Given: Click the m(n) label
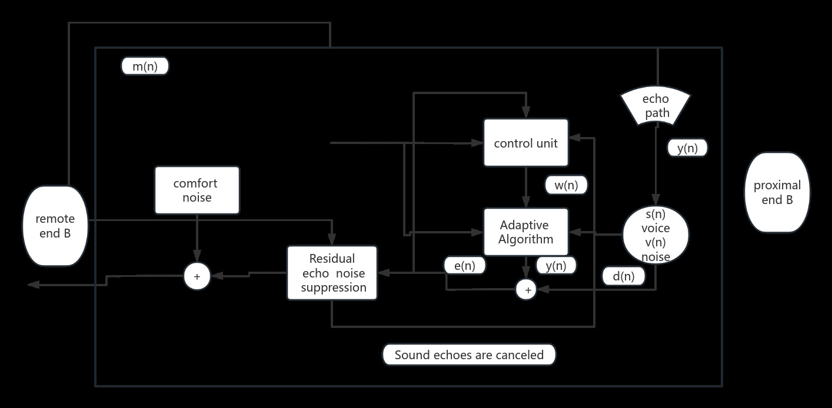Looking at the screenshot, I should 145,66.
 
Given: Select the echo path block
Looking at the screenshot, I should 657,106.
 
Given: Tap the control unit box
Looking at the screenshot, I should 525,143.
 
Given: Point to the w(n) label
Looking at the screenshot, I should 566,185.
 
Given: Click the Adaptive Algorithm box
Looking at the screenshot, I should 525,232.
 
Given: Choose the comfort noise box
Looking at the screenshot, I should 197,190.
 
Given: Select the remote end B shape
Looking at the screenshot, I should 55,226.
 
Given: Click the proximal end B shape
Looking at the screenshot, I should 777,193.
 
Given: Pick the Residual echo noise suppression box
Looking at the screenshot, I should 332,273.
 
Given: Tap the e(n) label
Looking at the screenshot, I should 465,266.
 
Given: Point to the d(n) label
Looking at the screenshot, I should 624,276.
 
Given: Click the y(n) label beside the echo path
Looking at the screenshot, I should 687,148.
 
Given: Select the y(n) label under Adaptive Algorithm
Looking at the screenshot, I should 555,266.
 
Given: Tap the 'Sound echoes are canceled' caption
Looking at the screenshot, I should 469,355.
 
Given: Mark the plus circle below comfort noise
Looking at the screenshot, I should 197,276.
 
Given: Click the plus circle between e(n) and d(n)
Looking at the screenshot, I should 527,289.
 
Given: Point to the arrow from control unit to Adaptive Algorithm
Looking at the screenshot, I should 526,187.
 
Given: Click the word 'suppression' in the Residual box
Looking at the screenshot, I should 334,287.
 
